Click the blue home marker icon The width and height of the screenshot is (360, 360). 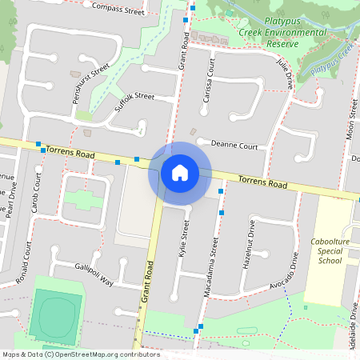coord(180,173)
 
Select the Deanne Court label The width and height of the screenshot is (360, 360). coord(234,146)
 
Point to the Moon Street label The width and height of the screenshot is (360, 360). coord(350,121)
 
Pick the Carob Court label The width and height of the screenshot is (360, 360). coord(35,214)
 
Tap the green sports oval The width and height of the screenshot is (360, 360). coord(56,316)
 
